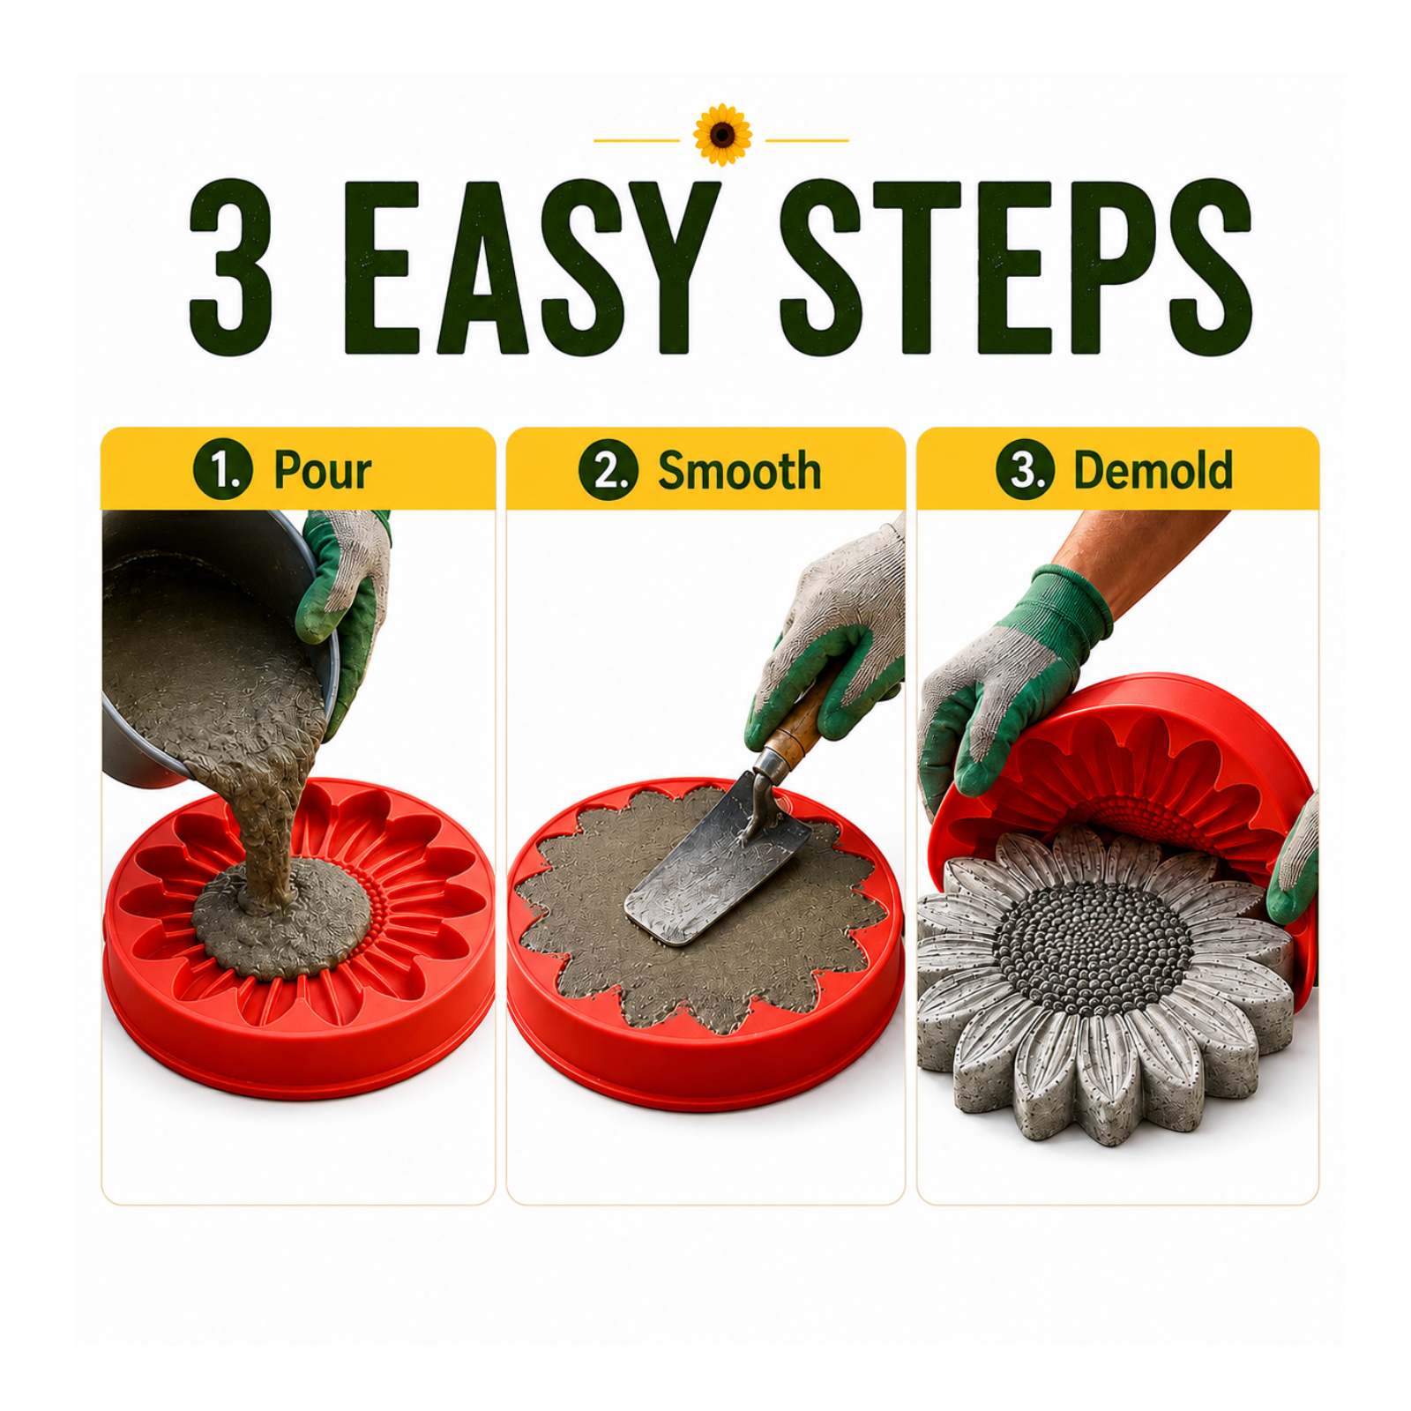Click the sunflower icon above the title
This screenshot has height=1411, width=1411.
coord(722,135)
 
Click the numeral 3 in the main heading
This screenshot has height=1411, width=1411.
coord(231,267)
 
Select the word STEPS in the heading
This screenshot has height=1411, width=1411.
coord(1015,267)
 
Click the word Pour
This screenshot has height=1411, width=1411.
coord(322,470)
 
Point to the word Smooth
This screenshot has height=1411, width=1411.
coord(739,470)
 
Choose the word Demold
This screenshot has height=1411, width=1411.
coord(1153,470)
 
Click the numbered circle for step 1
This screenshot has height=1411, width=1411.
coord(223,469)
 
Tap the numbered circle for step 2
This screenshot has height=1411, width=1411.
coord(608,469)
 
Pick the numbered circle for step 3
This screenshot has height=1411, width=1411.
coord(1026,469)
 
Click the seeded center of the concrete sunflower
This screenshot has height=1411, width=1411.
coord(1092,948)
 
